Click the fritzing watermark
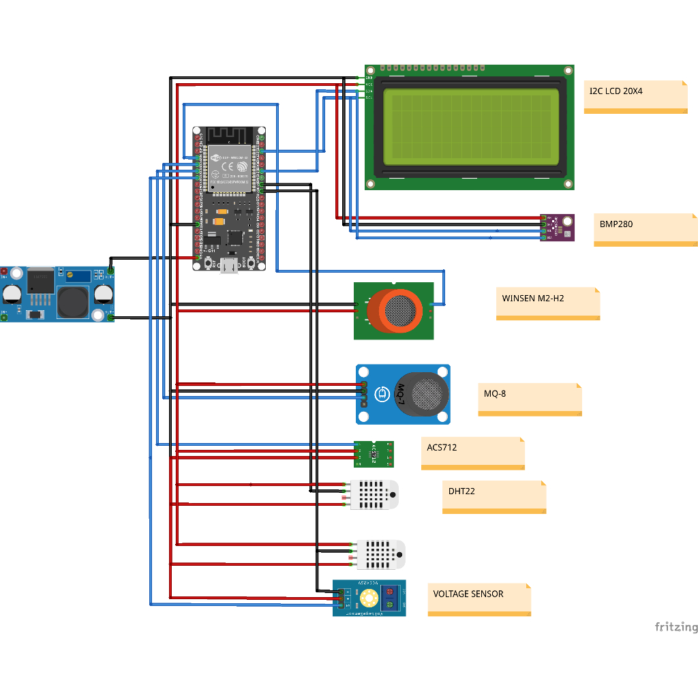point(676,626)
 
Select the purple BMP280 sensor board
point(559,227)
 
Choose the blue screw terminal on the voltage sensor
point(391,598)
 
